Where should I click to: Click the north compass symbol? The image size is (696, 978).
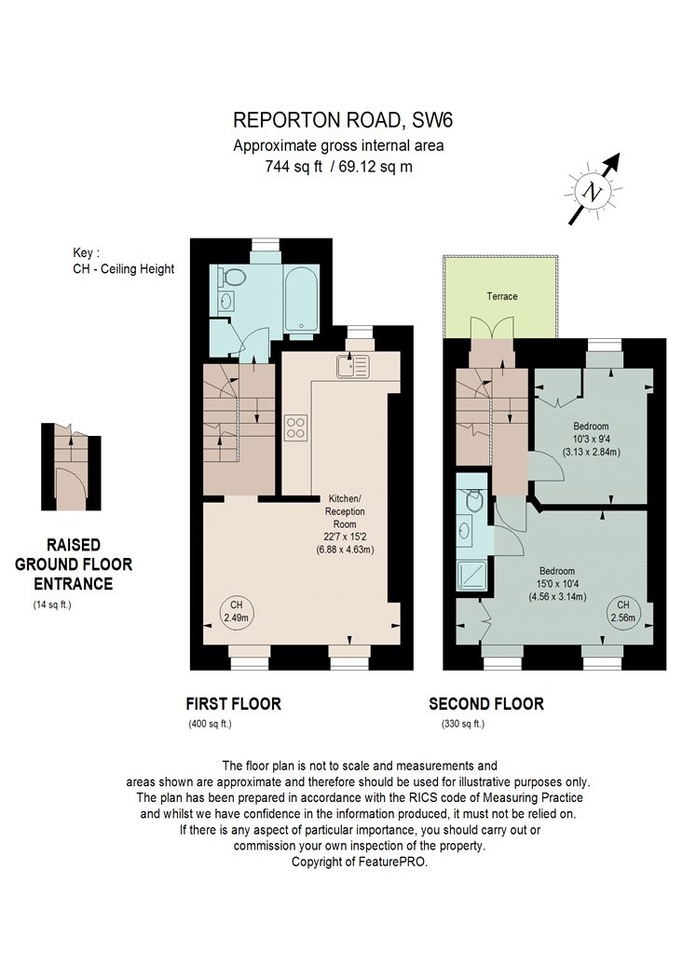pyautogui.click(x=594, y=190)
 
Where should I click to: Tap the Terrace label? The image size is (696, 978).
pyautogui.click(x=502, y=296)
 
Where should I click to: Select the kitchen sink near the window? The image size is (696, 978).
pyautogui.click(x=353, y=366)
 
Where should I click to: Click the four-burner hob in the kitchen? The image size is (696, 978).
pyautogui.click(x=295, y=428)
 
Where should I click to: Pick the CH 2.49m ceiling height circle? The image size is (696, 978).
pyautogui.click(x=236, y=612)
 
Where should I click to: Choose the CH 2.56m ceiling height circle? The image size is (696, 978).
pyautogui.click(x=623, y=611)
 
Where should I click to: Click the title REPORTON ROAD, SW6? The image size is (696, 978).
pyautogui.click(x=343, y=119)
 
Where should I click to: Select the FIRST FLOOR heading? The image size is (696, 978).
pyautogui.click(x=233, y=703)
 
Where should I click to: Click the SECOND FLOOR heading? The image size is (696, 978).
pyautogui.click(x=486, y=703)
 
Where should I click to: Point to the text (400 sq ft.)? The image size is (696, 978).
pyautogui.click(x=211, y=724)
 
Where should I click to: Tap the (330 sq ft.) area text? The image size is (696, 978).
pyautogui.click(x=463, y=724)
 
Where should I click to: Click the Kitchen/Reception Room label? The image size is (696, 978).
pyautogui.click(x=345, y=511)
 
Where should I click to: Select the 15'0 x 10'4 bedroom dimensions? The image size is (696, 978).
pyautogui.click(x=557, y=584)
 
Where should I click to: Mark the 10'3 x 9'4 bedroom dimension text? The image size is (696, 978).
pyautogui.click(x=592, y=439)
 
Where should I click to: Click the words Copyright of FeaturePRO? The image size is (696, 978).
pyautogui.click(x=360, y=862)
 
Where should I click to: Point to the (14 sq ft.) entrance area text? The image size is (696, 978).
pyautogui.click(x=52, y=604)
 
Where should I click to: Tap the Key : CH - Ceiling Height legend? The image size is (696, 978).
pyautogui.click(x=124, y=261)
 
